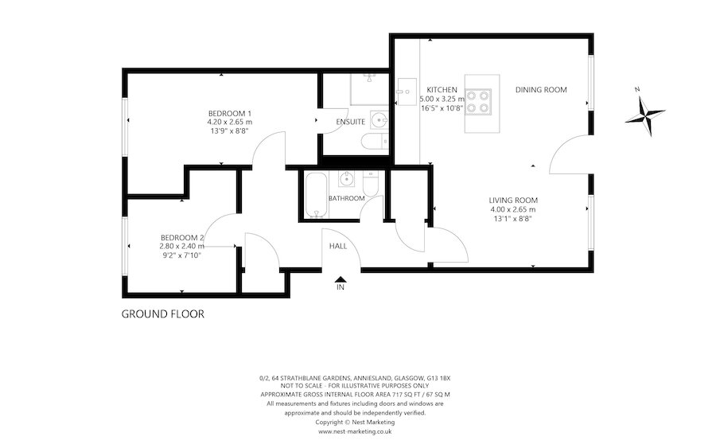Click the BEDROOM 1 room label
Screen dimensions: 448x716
pyautogui.click(x=229, y=113)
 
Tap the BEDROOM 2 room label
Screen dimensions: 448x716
pyautogui.click(x=182, y=237)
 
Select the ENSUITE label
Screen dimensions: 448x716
pyautogui.click(x=351, y=123)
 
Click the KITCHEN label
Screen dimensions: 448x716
pyautogui.click(x=442, y=89)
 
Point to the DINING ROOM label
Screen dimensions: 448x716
pyautogui.click(x=540, y=90)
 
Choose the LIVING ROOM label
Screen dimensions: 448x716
pyautogui.click(x=513, y=200)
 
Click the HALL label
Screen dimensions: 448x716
pyautogui.click(x=338, y=246)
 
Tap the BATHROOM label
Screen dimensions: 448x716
pyautogui.click(x=347, y=198)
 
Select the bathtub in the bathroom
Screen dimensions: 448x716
pyautogui.click(x=316, y=196)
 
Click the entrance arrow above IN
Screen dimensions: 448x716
pyautogui.click(x=340, y=279)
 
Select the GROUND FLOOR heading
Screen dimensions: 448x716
pyautogui.click(x=162, y=314)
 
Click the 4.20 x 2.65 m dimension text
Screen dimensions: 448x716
pyautogui.click(x=229, y=122)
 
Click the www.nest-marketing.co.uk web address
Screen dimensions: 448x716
pyautogui.click(x=354, y=431)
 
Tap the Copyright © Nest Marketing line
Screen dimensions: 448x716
pyautogui.click(x=354, y=423)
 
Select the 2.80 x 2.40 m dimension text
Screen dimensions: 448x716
pyautogui.click(x=182, y=246)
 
